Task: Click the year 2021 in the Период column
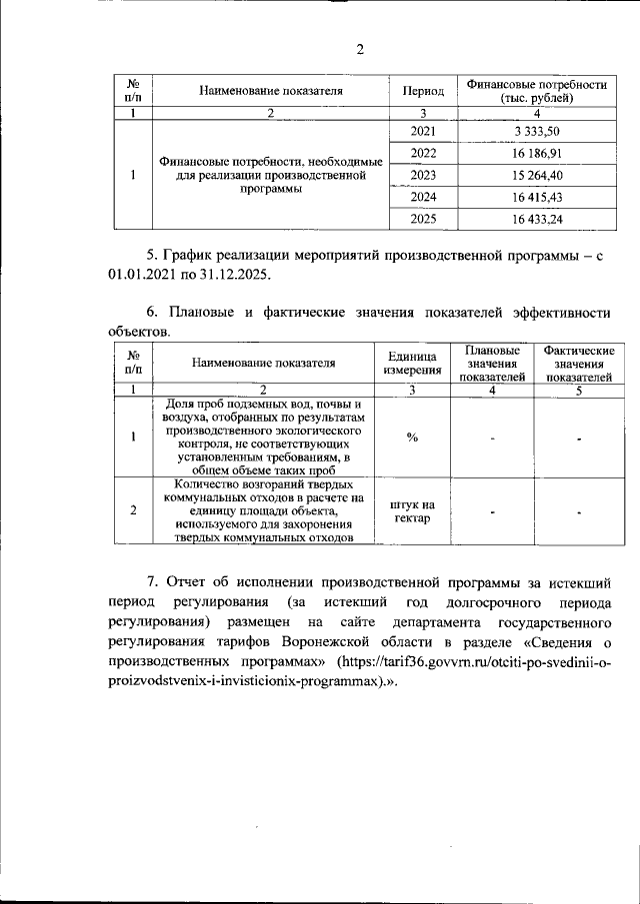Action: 423,132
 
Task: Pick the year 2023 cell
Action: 423,175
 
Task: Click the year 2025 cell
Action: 423,219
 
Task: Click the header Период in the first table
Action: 423,91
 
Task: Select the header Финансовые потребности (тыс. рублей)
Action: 531,91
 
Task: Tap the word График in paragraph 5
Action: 201,256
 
